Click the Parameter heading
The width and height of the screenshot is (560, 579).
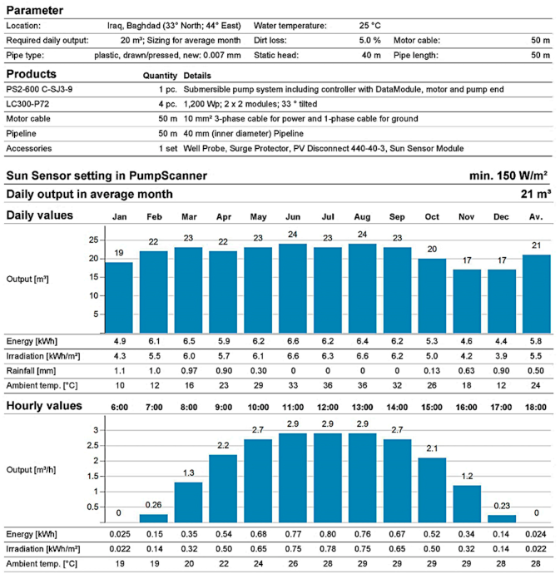pyautogui.click(x=37, y=10)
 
